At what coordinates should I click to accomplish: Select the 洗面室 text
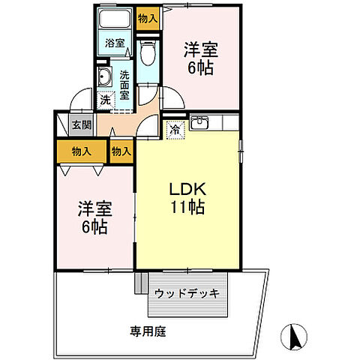125,85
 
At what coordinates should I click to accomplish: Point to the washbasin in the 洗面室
105,77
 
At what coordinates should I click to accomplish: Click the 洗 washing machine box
105,98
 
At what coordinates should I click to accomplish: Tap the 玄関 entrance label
80,125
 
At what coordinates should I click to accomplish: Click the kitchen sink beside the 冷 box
200,124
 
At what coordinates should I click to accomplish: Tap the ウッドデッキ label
187,292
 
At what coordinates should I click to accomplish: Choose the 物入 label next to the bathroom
147,19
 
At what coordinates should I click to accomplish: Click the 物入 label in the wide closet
81,151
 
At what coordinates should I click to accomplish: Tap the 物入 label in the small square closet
121,151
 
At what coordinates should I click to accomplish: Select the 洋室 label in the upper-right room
201,51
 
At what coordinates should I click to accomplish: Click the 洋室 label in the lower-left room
94,209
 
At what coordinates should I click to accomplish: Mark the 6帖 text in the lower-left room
94,226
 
